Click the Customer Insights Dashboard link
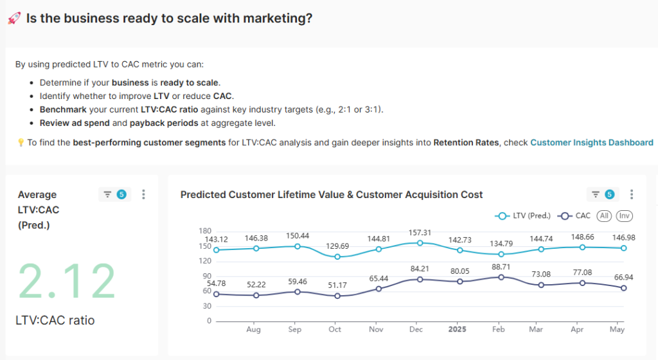point(591,143)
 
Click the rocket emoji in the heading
point(14,19)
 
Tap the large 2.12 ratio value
point(67,281)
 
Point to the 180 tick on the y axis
point(205,231)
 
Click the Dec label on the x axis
point(415,329)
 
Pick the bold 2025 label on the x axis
point(456,329)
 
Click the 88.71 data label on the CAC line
point(501,266)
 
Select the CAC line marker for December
point(420,279)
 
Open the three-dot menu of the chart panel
point(632,194)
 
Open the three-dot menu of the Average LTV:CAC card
point(143,194)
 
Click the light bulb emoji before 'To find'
point(20,143)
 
